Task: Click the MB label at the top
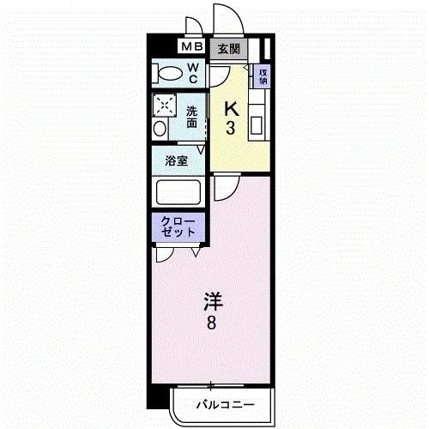point(191,48)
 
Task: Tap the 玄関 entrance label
point(227,48)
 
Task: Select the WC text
point(193,73)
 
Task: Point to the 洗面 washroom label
point(193,116)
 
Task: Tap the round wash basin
point(160,129)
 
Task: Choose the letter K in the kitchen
point(230,109)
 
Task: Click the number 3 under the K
point(231,129)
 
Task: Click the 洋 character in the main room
point(214,301)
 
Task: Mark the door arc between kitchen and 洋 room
point(225,186)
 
